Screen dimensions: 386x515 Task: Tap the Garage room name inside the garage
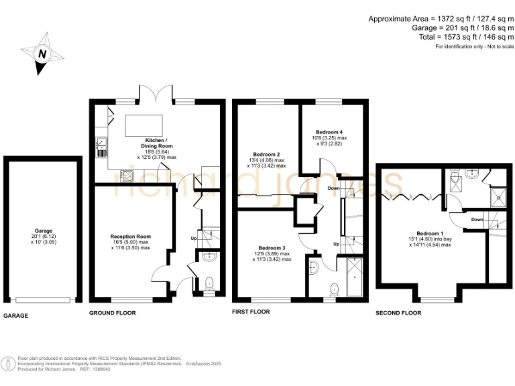click(44, 230)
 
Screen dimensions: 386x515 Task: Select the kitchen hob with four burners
click(127, 176)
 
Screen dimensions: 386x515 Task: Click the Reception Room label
click(131, 237)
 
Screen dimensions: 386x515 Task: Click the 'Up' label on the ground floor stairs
click(194, 238)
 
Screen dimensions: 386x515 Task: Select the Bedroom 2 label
click(264, 153)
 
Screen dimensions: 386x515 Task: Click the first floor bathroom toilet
click(335, 289)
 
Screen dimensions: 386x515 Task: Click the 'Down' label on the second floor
click(477, 219)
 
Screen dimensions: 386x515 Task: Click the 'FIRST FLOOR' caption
click(251, 312)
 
